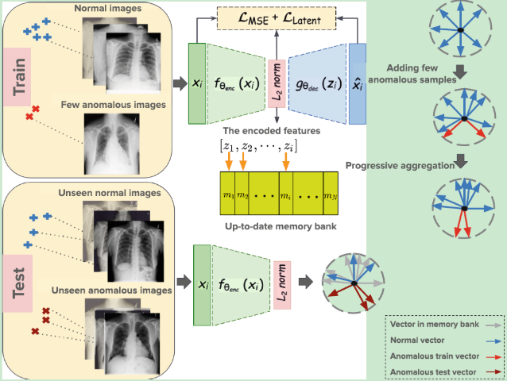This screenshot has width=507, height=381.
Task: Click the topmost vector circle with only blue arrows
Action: point(460,30)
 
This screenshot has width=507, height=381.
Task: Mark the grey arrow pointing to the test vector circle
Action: point(305,281)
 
